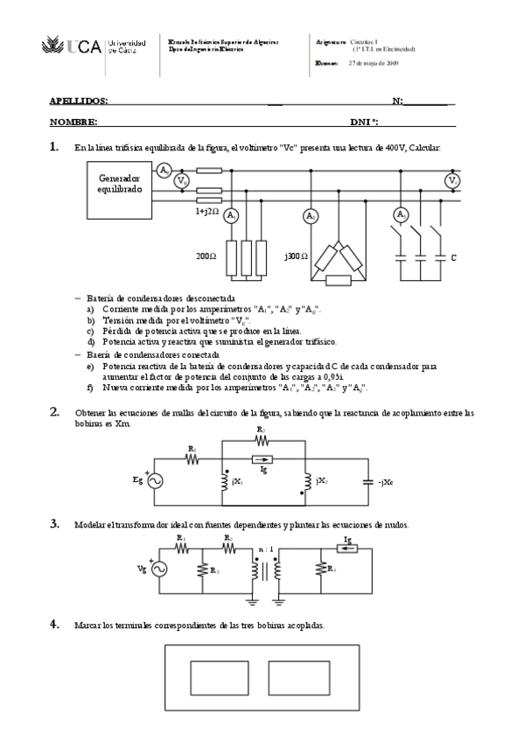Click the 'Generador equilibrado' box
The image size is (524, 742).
119,184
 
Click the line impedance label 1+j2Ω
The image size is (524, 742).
207,211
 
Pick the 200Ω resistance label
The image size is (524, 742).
206,257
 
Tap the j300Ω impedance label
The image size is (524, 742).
296,257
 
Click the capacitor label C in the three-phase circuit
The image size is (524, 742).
453,257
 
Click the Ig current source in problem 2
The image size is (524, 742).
262,458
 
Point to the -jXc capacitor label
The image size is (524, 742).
386,481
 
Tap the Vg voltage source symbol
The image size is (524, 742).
160,569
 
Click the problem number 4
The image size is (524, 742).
53,624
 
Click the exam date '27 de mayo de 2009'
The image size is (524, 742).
374,63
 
